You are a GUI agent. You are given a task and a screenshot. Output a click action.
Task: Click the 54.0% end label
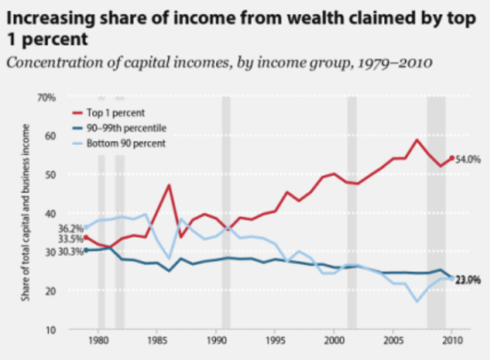coord(468,160)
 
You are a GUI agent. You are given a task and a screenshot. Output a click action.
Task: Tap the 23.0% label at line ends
coord(468,280)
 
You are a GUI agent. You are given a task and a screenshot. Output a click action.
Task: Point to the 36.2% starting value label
coord(70,228)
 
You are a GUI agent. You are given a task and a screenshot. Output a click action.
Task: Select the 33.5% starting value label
coord(70,239)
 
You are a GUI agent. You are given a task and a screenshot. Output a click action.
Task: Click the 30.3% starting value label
coord(70,251)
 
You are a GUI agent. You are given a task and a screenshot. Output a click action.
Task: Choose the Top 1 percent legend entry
coord(116,112)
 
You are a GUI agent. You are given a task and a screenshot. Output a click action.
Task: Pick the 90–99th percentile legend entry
coord(126,128)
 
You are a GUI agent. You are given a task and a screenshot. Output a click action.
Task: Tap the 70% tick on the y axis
coord(46,97)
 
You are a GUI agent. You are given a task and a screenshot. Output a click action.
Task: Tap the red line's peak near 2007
coord(417,139)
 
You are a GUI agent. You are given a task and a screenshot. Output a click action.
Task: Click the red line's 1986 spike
coord(169,185)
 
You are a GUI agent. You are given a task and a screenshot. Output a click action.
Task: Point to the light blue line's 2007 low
coord(417,301)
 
